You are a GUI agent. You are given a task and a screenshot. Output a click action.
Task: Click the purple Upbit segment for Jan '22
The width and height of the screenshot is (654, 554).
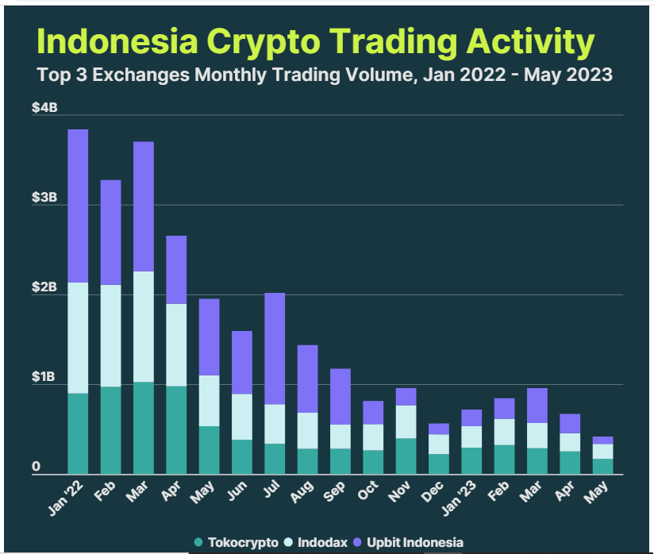coord(78,206)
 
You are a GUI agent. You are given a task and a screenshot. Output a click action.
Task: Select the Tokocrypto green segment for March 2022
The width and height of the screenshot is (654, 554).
coord(144,428)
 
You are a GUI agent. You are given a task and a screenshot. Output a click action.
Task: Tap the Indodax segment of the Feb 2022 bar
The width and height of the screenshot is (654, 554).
coord(111,336)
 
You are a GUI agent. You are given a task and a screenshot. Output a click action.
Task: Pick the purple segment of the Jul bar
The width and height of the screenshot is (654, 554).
coord(275,348)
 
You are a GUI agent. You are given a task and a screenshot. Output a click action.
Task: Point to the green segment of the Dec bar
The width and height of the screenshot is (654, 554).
coord(439,464)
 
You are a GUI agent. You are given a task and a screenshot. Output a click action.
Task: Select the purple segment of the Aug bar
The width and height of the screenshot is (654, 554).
coord(307,379)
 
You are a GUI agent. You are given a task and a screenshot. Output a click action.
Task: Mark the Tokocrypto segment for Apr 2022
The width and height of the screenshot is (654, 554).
coord(176,430)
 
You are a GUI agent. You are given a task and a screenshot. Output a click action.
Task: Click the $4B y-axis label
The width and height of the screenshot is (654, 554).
coord(44,107)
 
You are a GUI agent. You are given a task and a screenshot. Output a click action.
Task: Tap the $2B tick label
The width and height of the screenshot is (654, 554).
coord(44,287)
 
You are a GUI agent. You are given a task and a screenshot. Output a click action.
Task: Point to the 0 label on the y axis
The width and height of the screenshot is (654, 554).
coord(36,467)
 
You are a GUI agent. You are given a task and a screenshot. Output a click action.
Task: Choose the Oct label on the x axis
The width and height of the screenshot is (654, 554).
coord(368,492)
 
